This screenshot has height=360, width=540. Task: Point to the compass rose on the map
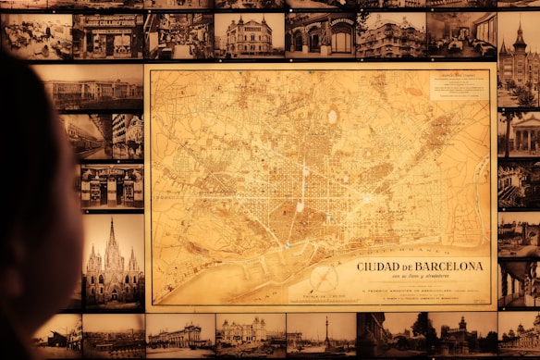[324, 279]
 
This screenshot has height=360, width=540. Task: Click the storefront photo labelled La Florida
[111, 185]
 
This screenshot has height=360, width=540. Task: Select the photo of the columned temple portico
[520, 134]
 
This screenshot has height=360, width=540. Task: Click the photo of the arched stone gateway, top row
[319, 35]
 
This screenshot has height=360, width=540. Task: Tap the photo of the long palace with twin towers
[178, 335]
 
